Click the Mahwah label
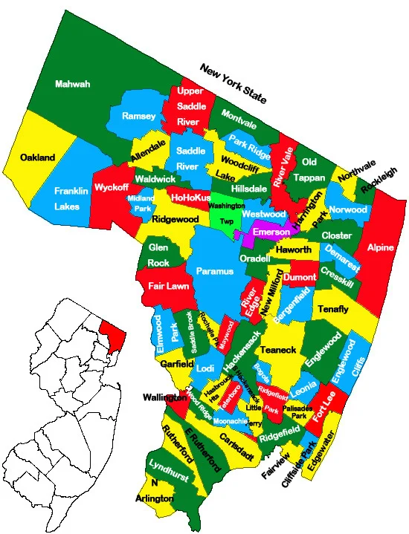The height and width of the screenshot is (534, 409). [73, 84]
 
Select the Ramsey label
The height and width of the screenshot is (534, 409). [139, 116]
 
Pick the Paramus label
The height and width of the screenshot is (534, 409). [215, 271]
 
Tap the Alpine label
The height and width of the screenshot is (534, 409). [380, 247]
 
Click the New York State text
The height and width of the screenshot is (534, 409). [233, 82]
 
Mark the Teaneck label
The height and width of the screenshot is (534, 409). [280, 350]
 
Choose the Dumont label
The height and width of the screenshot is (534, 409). [300, 276]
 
